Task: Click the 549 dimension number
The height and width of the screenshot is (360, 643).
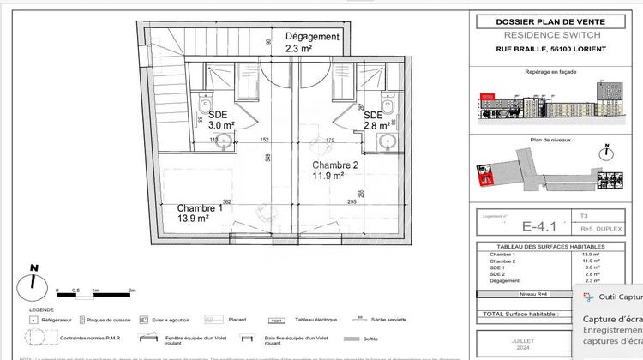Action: [x=268, y=158]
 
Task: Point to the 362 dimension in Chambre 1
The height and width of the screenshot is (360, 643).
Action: [x=228, y=201]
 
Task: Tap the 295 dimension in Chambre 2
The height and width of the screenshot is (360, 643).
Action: [x=351, y=202]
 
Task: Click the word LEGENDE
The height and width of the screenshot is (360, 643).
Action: [x=41, y=309]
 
